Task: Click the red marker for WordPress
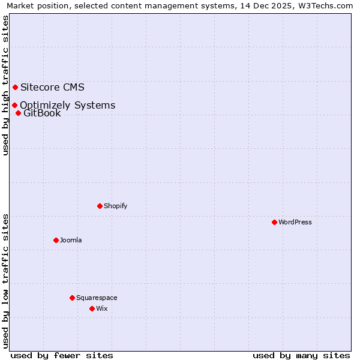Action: (x=274, y=222)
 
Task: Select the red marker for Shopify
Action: (x=100, y=206)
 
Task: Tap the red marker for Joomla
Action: (x=56, y=240)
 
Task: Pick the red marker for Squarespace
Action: (x=72, y=298)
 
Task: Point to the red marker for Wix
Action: (x=92, y=308)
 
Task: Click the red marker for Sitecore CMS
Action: (x=15, y=87)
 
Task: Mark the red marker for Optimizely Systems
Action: (x=14, y=106)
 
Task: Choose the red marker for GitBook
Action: (x=18, y=113)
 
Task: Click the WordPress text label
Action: (x=295, y=222)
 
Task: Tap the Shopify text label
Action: (x=116, y=206)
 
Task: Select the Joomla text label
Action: (x=71, y=240)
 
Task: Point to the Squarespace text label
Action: (x=97, y=298)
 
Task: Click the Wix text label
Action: (x=102, y=308)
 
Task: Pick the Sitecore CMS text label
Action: (x=52, y=87)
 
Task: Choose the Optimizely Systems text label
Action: (x=67, y=106)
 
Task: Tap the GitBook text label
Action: (x=42, y=113)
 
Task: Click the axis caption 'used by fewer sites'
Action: (x=62, y=355)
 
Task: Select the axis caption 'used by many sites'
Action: (x=301, y=355)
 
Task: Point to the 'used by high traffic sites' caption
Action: (x=5, y=85)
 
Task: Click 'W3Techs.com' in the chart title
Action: (x=326, y=5)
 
